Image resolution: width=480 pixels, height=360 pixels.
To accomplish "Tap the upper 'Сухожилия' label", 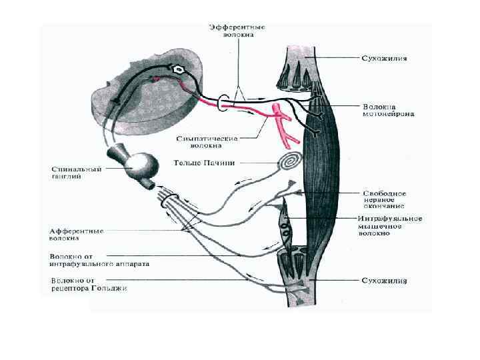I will tap(385, 58).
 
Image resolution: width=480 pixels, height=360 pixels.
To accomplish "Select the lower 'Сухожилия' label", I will tap(385, 281).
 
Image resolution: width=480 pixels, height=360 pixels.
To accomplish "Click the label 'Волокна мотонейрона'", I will tap(389, 110).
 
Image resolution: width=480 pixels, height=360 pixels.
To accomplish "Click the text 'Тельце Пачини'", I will tap(199, 162).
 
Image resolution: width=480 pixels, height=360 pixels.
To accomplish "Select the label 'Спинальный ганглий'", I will tap(77, 173).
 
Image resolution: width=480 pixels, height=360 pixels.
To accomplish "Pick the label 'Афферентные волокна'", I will tap(77, 234).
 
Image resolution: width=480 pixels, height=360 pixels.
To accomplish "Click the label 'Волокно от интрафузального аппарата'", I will tap(100, 259).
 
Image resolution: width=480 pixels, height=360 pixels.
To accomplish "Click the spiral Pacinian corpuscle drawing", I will tap(289, 161).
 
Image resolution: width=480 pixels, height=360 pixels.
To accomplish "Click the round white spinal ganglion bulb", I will tap(142, 163).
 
